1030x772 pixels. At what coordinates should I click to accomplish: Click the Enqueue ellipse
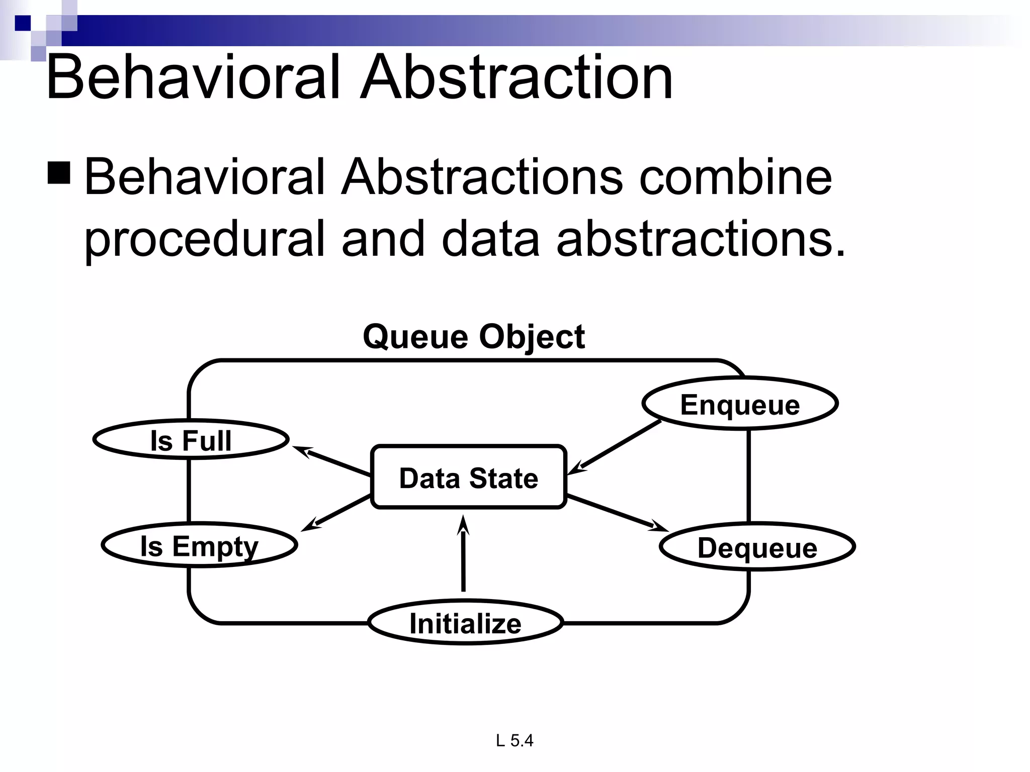click(x=740, y=404)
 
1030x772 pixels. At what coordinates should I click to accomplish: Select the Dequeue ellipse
click(x=757, y=547)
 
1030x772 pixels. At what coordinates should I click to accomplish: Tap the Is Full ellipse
click(x=191, y=440)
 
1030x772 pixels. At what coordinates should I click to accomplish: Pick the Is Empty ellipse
click(x=199, y=546)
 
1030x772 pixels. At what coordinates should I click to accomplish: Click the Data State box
click(x=469, y=477)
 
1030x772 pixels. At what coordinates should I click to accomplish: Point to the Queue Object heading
click(x=474, y=336)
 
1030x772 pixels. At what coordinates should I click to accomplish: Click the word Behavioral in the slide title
click(x=194, y=78)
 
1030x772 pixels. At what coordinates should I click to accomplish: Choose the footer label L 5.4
click(x=514, y=740)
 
